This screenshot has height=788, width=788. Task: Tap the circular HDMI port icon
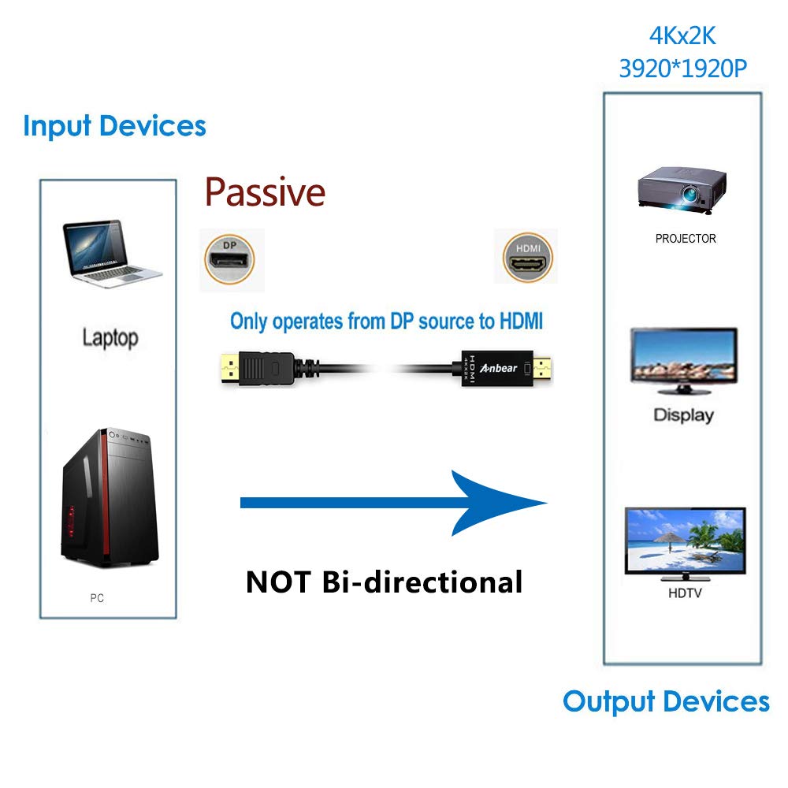528,258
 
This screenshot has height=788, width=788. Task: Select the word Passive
265,192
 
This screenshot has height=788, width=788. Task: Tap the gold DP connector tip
229,366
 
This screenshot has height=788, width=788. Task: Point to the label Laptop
110,339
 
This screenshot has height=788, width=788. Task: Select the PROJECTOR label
686,239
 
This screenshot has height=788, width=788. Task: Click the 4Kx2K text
682,36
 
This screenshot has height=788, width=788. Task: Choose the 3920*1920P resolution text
682,69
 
